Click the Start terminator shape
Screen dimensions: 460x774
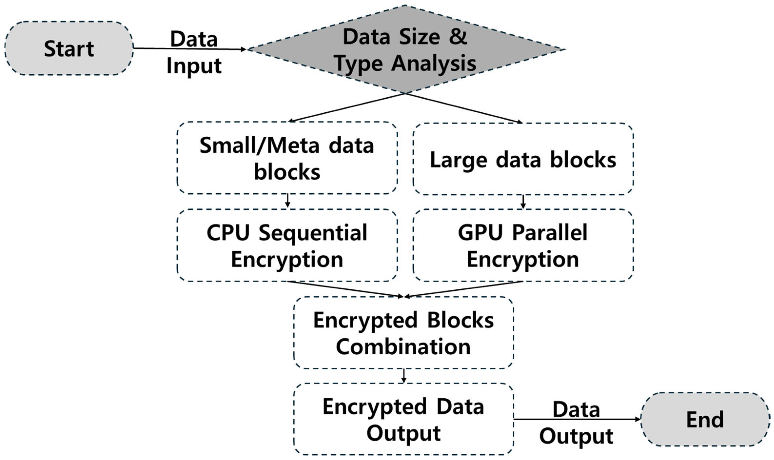tap(69, 48)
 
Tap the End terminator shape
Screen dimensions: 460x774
tap(705, 419)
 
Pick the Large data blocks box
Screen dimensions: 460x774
tap(523, 159)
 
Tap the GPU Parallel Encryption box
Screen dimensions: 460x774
tap(523, 245)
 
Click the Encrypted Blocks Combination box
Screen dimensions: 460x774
tap(403, 333)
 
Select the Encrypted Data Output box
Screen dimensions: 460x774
tap(403, 419)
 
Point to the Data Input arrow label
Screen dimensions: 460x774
tap(194, 53)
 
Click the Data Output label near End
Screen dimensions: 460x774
tap(576, 423)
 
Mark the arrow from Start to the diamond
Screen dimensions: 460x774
tap(217, 49)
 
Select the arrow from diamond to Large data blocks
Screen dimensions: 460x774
tap(464, 108)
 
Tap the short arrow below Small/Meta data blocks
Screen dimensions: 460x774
tap(288, 201)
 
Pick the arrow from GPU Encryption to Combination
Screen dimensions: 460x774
tap(464, 289)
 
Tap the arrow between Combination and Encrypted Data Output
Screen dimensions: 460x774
tap(403, 376)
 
